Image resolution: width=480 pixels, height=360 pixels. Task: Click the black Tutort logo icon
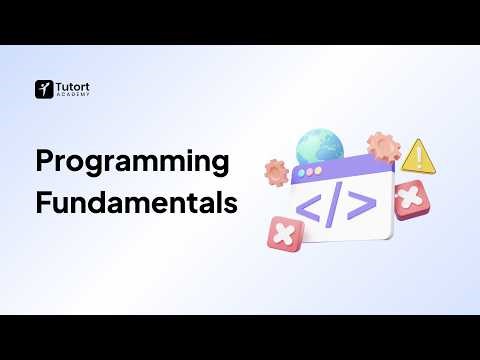point(43,89)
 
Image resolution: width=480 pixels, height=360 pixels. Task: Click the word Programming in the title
point(132,162)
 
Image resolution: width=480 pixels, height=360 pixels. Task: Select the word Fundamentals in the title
point(137,203)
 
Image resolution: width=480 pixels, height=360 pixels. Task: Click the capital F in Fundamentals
point(42,203)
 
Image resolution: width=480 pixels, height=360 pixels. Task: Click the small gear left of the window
point(276,172)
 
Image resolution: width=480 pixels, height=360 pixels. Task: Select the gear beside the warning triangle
point(383,147)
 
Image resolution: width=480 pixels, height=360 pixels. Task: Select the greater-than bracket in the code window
point(362,204)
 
